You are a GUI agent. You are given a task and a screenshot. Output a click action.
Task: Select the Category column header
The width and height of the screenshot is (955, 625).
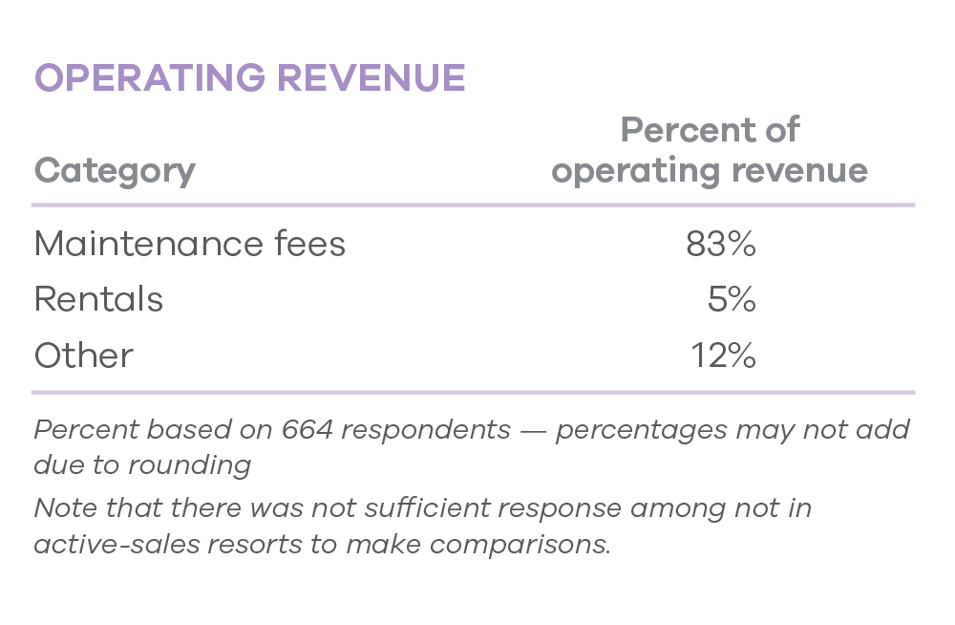click(115, 171)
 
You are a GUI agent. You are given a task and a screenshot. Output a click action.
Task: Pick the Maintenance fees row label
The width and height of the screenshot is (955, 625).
click(189, 245)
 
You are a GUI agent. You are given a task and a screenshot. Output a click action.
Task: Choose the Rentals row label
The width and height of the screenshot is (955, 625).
click(98, 300)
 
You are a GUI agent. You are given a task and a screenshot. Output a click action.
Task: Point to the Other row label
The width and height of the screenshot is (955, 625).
click(84, 356)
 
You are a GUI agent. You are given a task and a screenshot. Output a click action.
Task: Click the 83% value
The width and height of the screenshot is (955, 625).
click(721, 245)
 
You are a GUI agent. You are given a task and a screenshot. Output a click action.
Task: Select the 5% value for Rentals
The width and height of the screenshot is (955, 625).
click(732, 300)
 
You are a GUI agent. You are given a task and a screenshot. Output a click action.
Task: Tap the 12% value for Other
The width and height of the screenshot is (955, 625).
click(724, 356)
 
